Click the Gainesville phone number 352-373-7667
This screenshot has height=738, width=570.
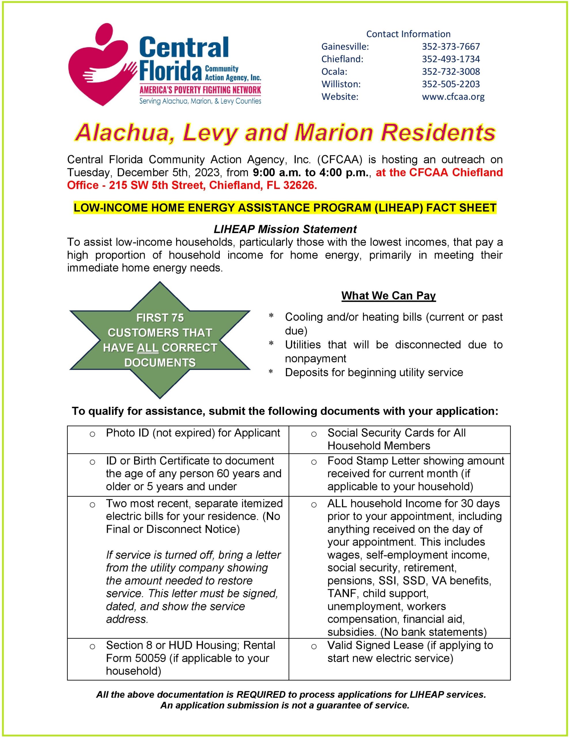click(x=450, y=46)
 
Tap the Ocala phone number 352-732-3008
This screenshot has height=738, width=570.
click(x=450, y=71)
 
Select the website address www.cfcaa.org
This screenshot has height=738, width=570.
click(x=453, y=97)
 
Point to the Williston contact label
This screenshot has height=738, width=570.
click(x=341, y=84)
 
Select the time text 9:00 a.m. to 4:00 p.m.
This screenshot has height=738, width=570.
click(x=311, y=172)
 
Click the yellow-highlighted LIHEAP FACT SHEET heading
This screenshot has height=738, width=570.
click(x=285, y=208)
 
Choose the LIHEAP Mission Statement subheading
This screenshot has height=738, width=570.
click(x=285, y=229)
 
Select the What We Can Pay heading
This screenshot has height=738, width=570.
click(x=388, y=296)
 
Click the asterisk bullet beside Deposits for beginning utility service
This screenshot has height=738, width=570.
click(x=271, y=373)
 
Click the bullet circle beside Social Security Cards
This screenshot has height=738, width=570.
click(x=314, y=434)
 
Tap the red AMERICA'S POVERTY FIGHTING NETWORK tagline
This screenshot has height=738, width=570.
click(x=200, y=90)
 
